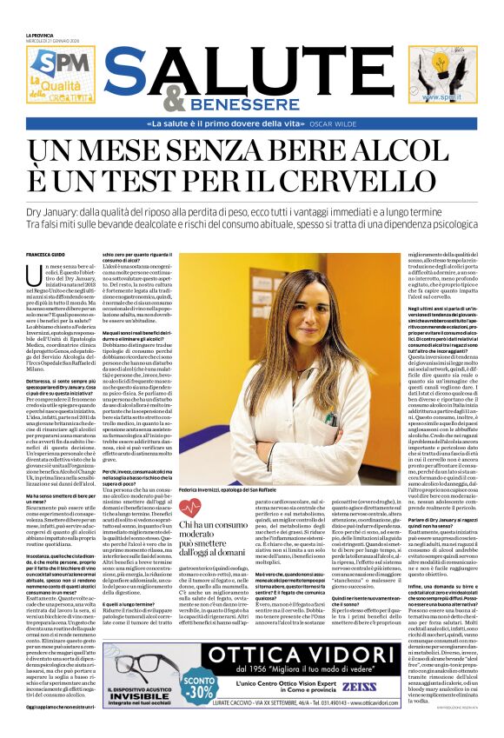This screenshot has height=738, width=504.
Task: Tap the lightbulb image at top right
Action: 443,69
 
